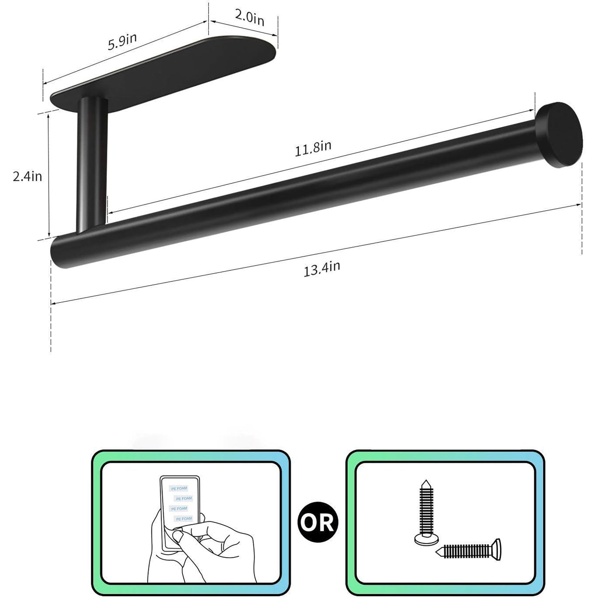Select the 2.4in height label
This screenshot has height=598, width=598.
(27, 176)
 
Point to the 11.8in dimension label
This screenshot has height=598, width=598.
(313, 148)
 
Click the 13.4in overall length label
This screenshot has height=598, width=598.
(322, 269)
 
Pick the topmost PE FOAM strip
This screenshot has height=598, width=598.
(179, 489)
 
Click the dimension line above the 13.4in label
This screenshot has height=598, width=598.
(315, 255)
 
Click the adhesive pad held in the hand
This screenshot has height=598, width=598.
(180, 503)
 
